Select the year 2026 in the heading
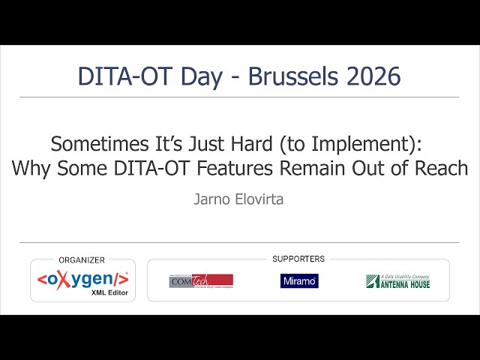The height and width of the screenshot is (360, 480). [376, 76]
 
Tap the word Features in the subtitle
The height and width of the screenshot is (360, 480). [234, 168]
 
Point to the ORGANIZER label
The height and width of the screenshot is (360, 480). [82, 259]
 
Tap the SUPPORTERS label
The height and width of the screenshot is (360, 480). [298, 259]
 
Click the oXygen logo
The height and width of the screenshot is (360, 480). [82, 278]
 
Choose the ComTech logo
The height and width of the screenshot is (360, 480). [200, 280]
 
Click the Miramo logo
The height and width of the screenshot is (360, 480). [299, 280]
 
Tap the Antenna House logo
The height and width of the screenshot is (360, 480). [397, 281]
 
